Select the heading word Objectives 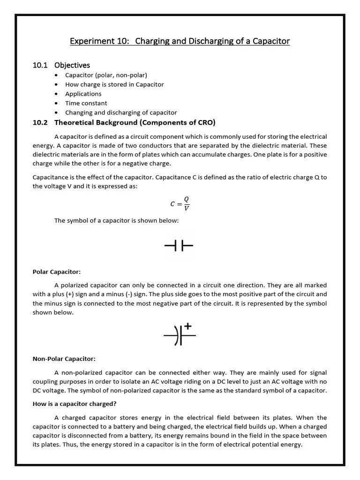(72, 65)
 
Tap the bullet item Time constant (86, 103)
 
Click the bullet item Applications (83, 94)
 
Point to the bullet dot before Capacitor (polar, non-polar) (57, 75)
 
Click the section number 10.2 (40, 123)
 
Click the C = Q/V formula (180, 203)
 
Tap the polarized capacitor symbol (179, 335)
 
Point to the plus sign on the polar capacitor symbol (187, 326)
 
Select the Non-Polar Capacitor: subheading (64, 359)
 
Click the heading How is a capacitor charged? (74, 404)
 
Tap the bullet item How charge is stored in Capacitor (114, 84)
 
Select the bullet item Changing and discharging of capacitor (121, 112)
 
